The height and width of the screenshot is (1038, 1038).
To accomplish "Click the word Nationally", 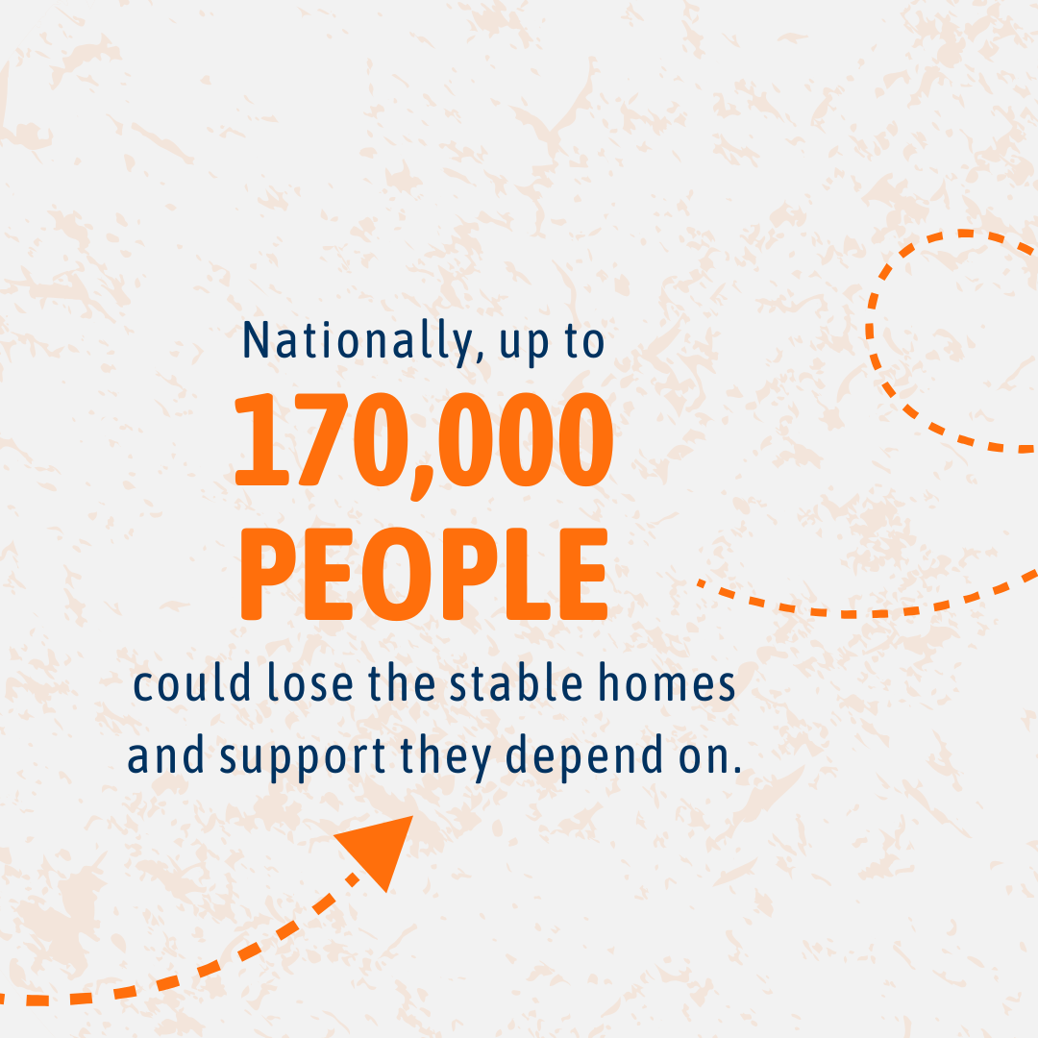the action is (x=357, y=341).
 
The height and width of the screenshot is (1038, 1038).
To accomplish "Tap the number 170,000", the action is (x=425, y=441).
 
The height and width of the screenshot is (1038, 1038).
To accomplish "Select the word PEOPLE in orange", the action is (x=424, y=574).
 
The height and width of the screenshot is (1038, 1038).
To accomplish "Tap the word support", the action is (x=303, y=756).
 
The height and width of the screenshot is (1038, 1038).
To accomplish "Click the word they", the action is (x=446, y=756).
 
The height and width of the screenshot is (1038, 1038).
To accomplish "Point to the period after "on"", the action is (x=736, y=769).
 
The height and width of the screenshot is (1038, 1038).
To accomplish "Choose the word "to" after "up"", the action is (x=584, y=343).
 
